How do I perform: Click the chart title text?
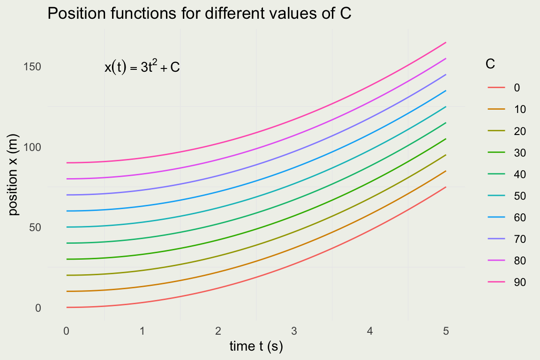(x=200, y=15)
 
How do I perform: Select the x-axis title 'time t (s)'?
(x=256, y=346)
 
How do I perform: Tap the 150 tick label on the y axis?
(x=32, y=67)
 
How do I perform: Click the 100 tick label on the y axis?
(x=32, y=147)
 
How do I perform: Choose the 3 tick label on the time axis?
(x=294, y=331)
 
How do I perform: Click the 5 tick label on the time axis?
(x=446, y=331)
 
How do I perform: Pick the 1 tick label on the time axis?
(x=142, y=331)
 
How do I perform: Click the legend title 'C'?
(x=490, y=64)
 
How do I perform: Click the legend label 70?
(x=519, y=239)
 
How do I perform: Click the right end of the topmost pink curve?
(x=445, y=43)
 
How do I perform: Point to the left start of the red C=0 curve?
(x=67, y=307)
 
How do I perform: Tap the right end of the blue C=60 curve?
(x=445, y=91)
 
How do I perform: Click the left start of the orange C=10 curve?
(x=67, y=292)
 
